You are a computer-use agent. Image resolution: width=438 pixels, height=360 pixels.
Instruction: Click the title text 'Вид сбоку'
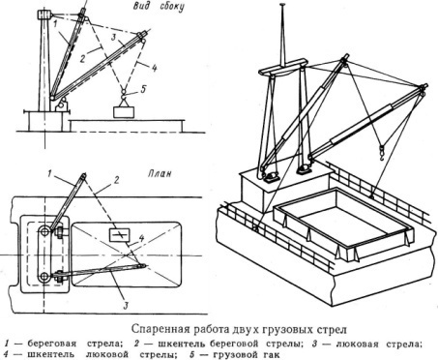tap(159, 7)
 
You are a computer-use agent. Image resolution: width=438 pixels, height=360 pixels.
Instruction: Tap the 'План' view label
tap(160, 173)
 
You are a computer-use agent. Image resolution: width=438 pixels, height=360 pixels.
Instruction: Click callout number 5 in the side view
tap(143, 89)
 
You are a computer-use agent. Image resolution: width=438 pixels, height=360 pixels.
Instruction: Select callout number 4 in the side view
tap(154, 68)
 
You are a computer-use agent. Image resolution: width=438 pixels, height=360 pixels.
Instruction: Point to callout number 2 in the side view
tap(82, 59)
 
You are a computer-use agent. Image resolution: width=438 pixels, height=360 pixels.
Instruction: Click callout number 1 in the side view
tap(55, 23)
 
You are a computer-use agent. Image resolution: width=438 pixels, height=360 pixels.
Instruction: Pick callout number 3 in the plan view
tap(127, 305)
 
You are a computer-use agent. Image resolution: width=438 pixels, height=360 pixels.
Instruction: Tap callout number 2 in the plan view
tap(116, 179)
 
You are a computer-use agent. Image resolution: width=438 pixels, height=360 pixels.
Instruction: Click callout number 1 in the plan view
tap(50, 174)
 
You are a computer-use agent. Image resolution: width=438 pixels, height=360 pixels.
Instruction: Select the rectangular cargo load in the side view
tap(124, 112)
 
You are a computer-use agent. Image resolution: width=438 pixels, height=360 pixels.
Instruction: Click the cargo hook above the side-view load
tap(123, 93)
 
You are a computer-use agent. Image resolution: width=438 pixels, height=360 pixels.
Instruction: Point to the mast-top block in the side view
tap(44, 15)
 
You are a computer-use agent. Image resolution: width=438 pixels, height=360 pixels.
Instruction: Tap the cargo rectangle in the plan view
tap(120, 235)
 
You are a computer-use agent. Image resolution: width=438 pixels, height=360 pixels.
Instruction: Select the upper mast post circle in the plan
tap(44, 230)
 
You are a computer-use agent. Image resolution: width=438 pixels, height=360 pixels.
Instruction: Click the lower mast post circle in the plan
tap(44, 277)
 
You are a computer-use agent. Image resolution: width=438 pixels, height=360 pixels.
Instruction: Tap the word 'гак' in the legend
tap(269, 354)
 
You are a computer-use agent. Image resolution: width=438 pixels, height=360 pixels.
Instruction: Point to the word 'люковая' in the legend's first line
tap(357, 344)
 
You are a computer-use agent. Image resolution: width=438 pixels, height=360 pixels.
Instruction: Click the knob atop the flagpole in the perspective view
tap(282, 5)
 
